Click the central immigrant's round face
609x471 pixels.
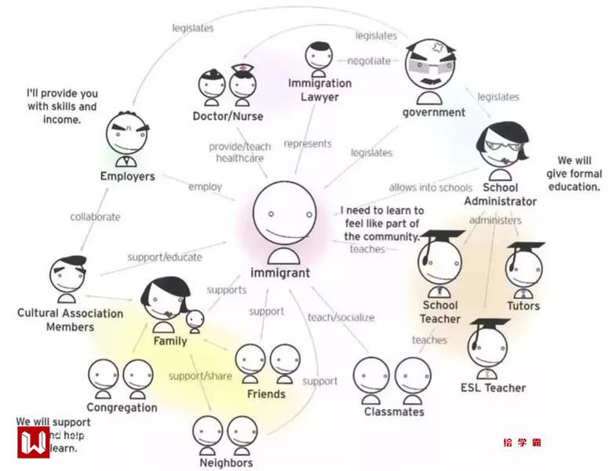[x=283, y=214]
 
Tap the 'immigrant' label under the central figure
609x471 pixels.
[x=279, y=273]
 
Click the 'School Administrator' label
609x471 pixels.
[x=500, y=195]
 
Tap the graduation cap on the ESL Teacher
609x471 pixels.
[x=488, y=324]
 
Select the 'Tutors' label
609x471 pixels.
[x=523, y=305]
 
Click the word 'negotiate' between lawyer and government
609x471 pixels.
[x=368, y=61]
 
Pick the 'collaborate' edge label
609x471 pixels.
[x=95, y=217]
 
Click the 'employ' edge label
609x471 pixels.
[x=205, y=187]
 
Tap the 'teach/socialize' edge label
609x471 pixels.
[x=341, y=317]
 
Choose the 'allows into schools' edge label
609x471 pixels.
[x=430, y=188]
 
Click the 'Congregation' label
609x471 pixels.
[x=122, y=407]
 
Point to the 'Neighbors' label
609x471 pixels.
[x=226, y=462]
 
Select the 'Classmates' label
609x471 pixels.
[x=394, y=411]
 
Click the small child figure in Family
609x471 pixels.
[x=194, y=319]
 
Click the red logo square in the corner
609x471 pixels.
[x=33, y=441]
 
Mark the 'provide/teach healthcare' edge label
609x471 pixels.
[x=240, y=152]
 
